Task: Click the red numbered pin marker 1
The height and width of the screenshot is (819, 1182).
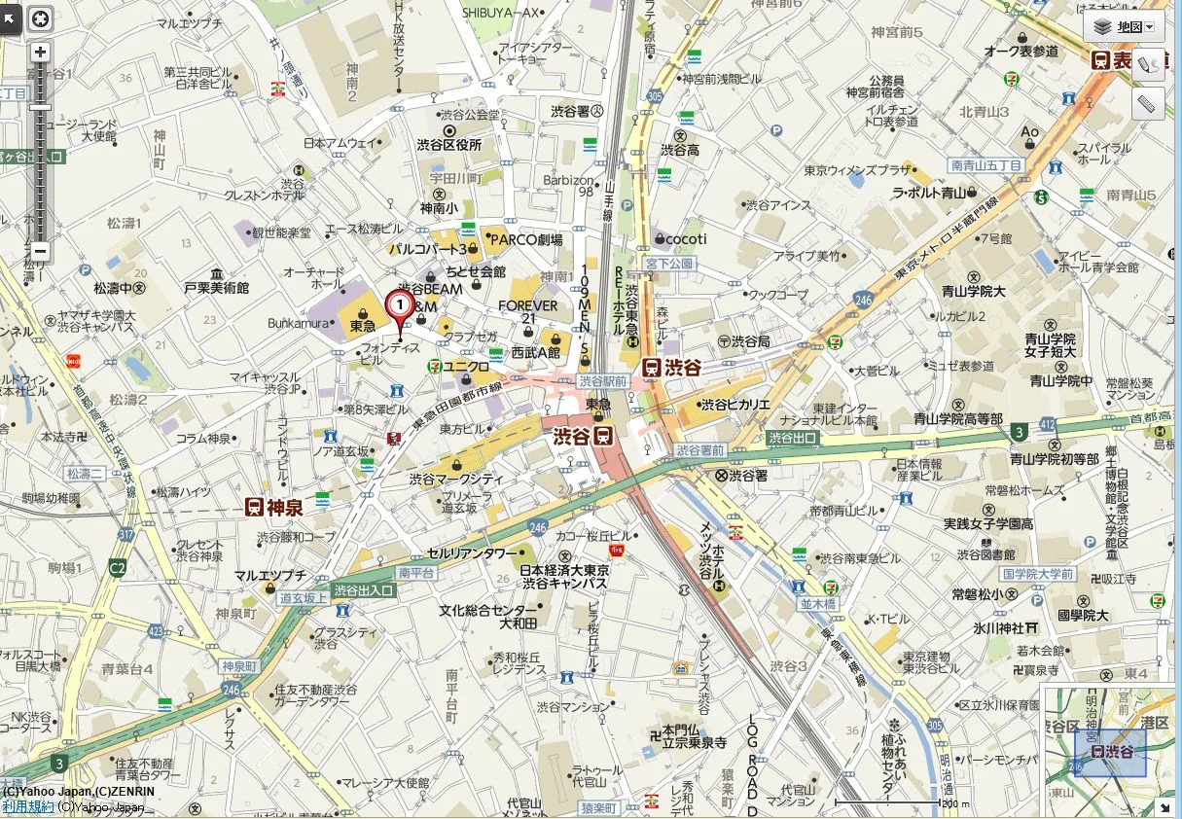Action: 399,305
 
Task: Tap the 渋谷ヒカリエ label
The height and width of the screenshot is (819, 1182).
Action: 734,405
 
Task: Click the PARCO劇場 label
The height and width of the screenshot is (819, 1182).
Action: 525,239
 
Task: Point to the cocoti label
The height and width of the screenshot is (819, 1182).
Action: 687,238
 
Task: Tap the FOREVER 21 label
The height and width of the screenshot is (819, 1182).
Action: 528,311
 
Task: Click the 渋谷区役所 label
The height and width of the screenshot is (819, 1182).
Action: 448,145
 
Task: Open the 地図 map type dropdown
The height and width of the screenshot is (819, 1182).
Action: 1124,27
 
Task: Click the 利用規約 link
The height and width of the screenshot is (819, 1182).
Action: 27,806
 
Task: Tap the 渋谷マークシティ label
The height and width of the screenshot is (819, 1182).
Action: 456,479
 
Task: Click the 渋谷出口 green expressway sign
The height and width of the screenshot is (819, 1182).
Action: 792,438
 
